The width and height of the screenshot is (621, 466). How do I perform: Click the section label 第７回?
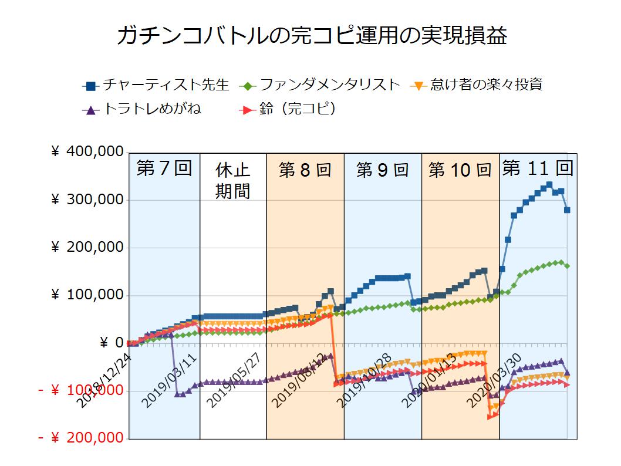(164, 168)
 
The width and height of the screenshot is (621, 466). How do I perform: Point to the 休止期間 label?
(233, 181)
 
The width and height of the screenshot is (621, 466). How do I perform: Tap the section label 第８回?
(305, 170)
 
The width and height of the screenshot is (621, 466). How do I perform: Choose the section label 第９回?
(383, 170)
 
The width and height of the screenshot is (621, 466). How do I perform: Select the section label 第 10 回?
(460, 170)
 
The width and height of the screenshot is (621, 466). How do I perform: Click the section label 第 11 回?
(538, 168)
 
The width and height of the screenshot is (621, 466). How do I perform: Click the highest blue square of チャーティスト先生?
(549, 184)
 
